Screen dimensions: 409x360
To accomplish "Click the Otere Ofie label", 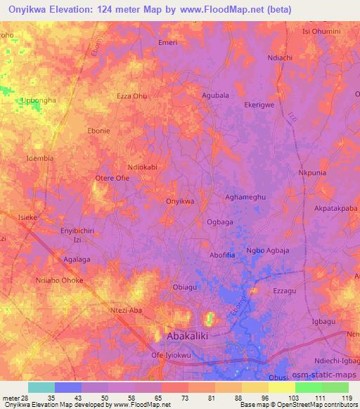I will [112, 178].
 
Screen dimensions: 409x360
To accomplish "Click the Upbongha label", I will [38, 101].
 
